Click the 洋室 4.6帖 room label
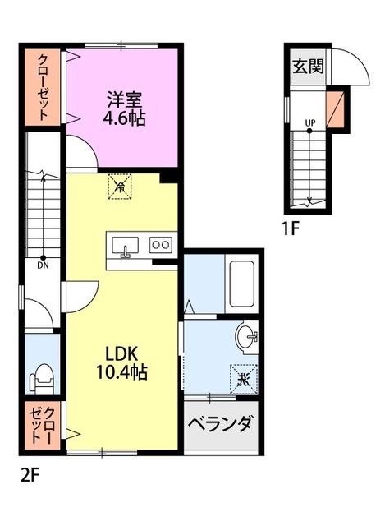click(x=124, y=108)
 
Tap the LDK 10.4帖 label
click(x=121, y=363)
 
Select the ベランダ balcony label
click(x=220, y=424)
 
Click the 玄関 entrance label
click(x=308, y=66)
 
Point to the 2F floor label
click(x=30, y=475)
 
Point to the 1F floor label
click(x=290, y=229)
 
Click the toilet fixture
click(x=42, y=377)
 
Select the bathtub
click(x=241, y=284)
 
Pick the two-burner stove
click(x=161, y=245)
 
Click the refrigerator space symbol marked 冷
click(x=119, y=187)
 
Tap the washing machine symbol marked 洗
click(x=244, y=379)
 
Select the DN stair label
click(x=43, y=265)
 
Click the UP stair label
click(x=310, y=122)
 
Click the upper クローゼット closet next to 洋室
click(x=42, y=88)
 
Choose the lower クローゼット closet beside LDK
click(x=42, y=425)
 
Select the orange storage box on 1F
click(x=336, y=109)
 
